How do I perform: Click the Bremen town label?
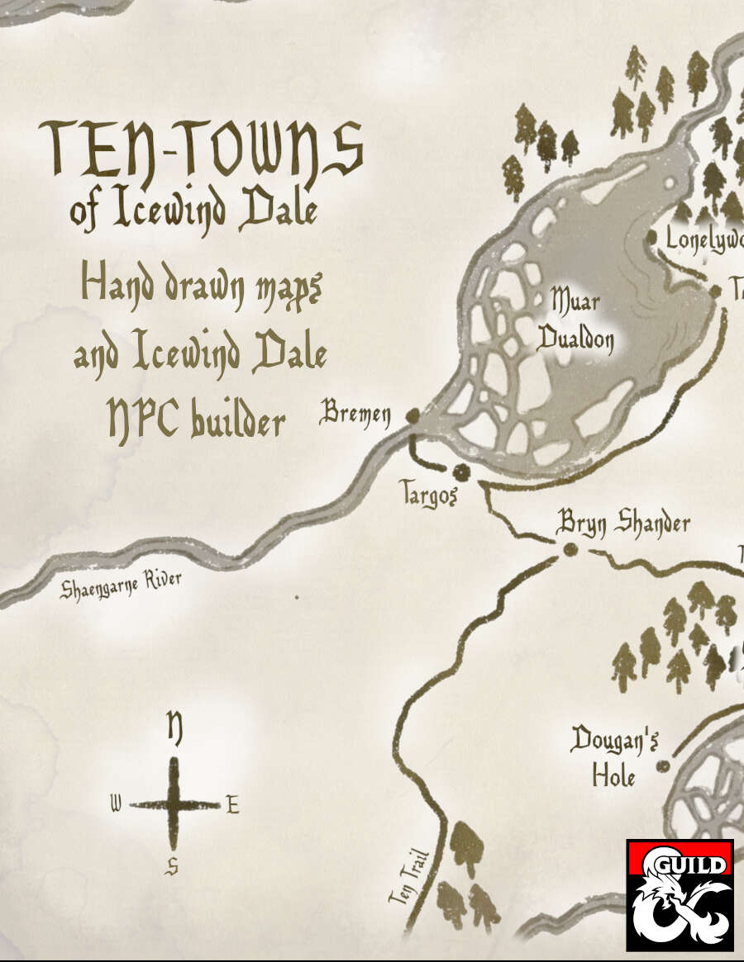tap(355, 414)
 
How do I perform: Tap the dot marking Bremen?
tap(412, 416)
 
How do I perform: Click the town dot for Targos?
tap(461, 472)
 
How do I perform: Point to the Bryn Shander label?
tap(623, 523)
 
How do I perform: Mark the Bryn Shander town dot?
tap(570, 550)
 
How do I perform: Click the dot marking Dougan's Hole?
tap(662, 767)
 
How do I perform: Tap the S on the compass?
tap(172, 865)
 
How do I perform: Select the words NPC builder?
tap(197, 421)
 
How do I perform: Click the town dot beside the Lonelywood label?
tap(651, 238)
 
